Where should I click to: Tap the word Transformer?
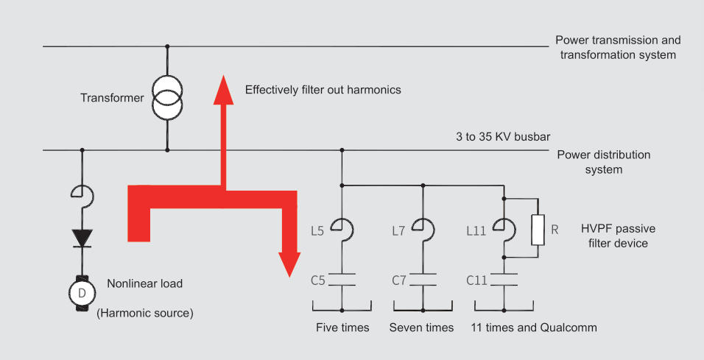click(112, 97)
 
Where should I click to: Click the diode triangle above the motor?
click(82, 238)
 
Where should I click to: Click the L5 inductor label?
click(317, 230)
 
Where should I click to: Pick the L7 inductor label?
click(398, 230)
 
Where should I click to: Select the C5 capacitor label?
click(317, 280)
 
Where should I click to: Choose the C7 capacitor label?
click(399, 280)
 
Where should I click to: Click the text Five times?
click(342, 327)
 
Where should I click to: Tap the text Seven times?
click(421, 327)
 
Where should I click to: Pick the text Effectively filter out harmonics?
click(323, 90)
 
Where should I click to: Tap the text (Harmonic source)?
click(145, 313)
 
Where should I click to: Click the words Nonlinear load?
click(145, 283)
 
